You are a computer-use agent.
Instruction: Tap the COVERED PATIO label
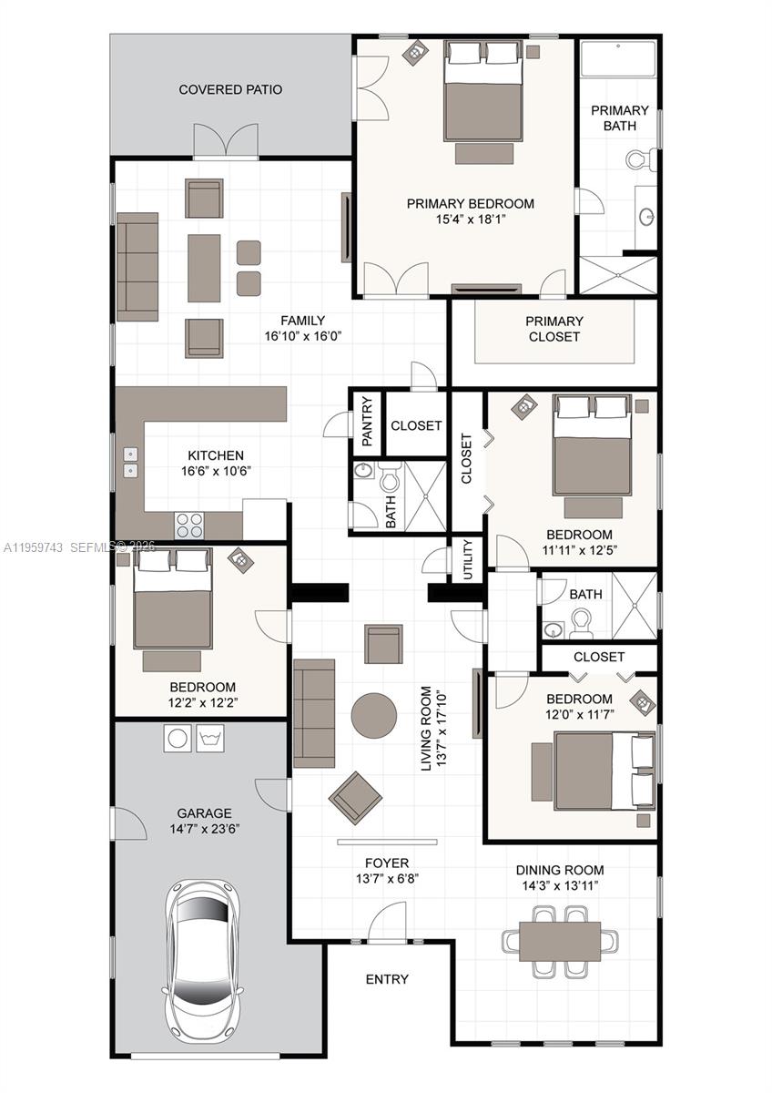point(230,89)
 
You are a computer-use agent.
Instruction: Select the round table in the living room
point(374,715)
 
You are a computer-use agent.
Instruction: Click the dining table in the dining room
point(560,941)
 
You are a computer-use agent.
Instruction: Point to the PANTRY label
point(368,421)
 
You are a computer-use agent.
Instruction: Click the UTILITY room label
point(468,558)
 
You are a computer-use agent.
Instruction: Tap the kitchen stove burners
point(189,526)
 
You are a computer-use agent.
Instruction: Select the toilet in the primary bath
point(642,160)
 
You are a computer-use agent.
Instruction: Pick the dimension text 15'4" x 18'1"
point(470,220)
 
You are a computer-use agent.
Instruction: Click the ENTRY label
point(387,979)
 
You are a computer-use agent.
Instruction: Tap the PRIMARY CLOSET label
point(554,329)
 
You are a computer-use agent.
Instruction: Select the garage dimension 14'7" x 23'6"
point(204,829)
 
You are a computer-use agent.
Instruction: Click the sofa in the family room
point(137,267)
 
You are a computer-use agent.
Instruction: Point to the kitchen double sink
point(130,463)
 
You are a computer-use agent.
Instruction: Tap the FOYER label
point(387,863)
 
